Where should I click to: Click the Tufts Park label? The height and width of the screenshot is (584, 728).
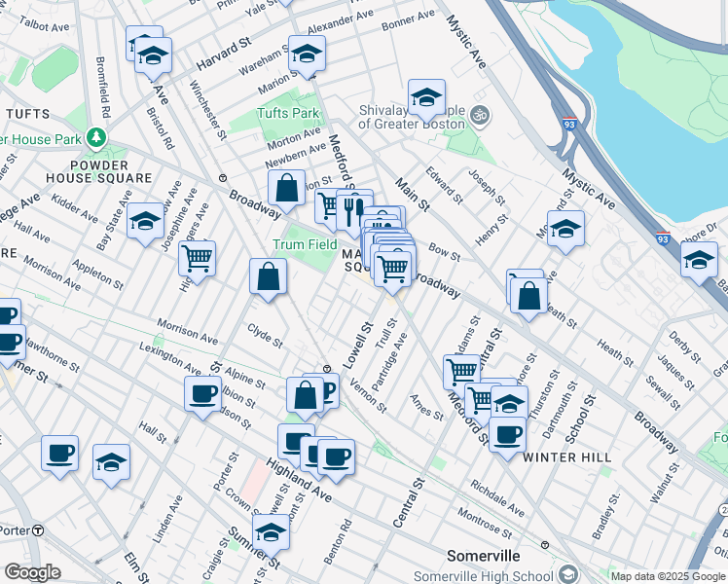pos(288,113)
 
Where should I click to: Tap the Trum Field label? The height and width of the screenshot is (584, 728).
pos(305,244)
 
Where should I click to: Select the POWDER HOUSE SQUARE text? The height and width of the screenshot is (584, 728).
pos(98,171)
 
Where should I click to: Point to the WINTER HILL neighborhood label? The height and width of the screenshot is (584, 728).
pos(567,456)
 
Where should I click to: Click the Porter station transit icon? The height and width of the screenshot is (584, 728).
pos(38,529)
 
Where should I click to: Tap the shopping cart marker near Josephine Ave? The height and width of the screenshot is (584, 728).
pos(198,258)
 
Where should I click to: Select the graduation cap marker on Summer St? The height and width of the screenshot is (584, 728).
pos(271,530)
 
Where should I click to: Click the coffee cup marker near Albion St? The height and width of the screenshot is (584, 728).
pos(203,393)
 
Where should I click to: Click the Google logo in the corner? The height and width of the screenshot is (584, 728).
pos(32,572)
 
